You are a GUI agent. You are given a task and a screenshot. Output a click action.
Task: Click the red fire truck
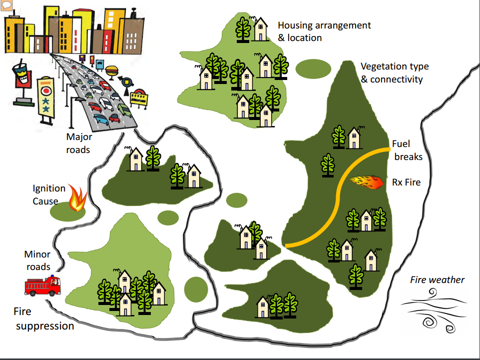coord(42,286)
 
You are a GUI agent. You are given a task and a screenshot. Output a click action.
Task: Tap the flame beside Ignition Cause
coord(77,199)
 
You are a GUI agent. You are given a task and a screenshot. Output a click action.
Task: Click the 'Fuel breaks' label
coord(408,150)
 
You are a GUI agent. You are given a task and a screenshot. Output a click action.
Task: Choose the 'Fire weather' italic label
coord(437,279)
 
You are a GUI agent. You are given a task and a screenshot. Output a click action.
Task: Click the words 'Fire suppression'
coord(44,318)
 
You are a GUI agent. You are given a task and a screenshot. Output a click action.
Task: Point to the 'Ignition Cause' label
coord(49,195)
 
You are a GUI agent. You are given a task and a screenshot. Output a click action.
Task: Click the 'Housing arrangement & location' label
coord(324,31)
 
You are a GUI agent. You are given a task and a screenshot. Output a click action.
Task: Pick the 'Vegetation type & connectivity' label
coord(394,72)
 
